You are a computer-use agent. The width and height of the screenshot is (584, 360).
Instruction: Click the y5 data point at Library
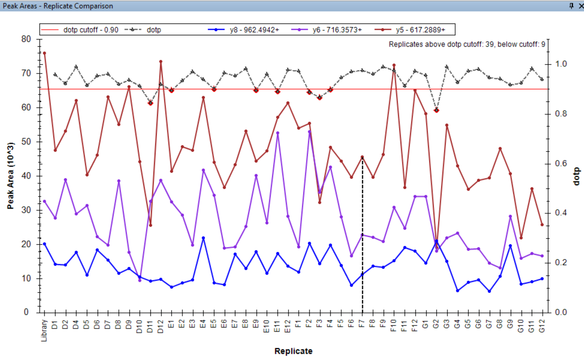pyautogui.click(x=44, y=53)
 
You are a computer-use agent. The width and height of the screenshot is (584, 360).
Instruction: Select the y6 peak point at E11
pyautogui.click(x=277, y=133)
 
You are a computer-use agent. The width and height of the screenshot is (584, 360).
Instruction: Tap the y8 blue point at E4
pyautogui.click(x=203, y=238)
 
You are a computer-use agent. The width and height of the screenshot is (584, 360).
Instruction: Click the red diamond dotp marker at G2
pyautogui.click(x=437, y=110)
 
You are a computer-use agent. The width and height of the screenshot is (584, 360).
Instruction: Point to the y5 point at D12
pyautogui.click(x=161, y=62)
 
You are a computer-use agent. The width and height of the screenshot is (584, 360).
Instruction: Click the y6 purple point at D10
pyautogui.click(x=140, y=280)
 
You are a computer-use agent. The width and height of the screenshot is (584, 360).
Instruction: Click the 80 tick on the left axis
pyautogui.click(x=26, y=39)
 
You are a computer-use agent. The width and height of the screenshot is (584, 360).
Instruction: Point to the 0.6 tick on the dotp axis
pyautogui.click(x=561, y=163)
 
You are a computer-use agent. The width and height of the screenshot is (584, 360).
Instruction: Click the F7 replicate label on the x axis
pyautogui.click(x=362, y=324)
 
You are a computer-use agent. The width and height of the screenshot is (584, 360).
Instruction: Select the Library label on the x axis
pyautogui.click(x=44, y=330)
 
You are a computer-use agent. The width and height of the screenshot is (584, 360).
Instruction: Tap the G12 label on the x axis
pyautogui.click(x=542, y=326)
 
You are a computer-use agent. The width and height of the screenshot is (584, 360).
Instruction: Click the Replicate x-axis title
pyautogui.click(x=293, y=351)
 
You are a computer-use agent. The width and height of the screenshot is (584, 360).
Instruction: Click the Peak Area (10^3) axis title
pyautogui.click(x=11, y=176)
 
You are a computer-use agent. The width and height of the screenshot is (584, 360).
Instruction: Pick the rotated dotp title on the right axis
pyautogui.click(x=576, y=176)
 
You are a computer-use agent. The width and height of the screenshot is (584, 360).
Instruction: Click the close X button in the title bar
pyautogui.click(x=581, y=6)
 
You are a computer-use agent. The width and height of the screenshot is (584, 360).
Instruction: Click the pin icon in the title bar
pyautogui.click(x=571, y=6)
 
